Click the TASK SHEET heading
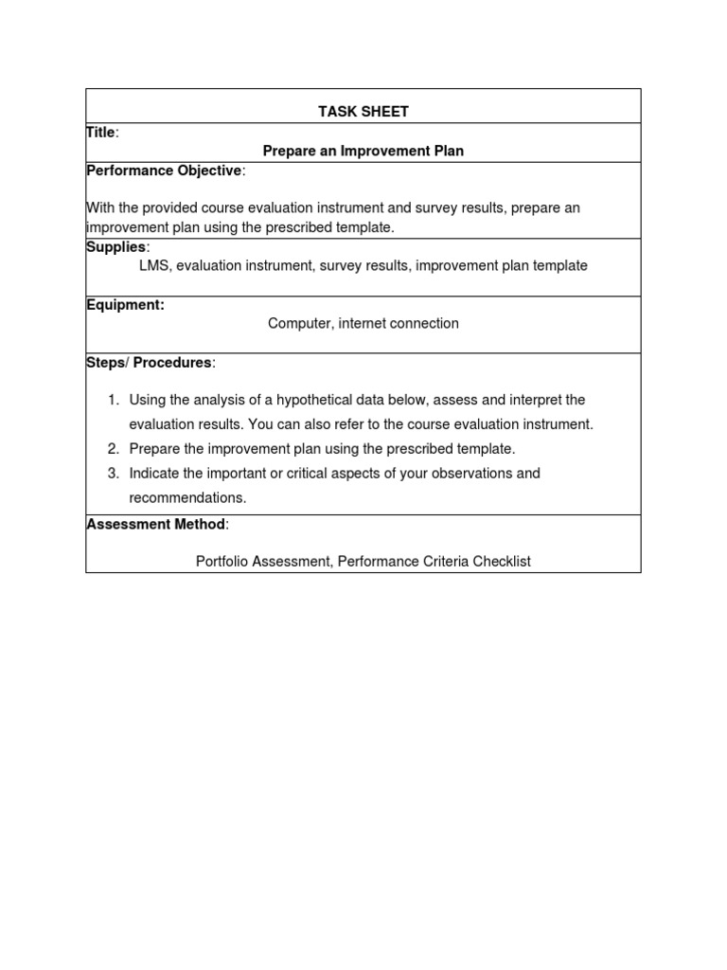(x=363, y=112)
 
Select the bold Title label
(x=100, y=134)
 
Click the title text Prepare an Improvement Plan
(x=363, y=152)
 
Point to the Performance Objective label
(x=164, y=171)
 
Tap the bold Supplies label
(x=116, y=247)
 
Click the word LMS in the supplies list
(x=154, y=266)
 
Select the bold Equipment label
(x=125, y=305)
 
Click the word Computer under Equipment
(x=298, y=324)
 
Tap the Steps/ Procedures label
(x=150, y=363)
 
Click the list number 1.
(x=112, y=401)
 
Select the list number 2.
(x=112, y=449)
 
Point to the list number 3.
(x=112, y=474)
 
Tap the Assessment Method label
(x=156, y=524)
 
